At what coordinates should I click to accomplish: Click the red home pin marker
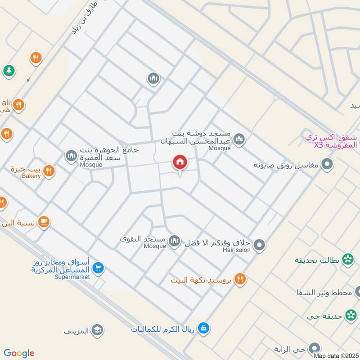click(180, 162)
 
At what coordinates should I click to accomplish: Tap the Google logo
click(19, 353)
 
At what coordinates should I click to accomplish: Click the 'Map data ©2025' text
click(336, 355)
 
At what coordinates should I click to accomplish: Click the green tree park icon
click(8, 71)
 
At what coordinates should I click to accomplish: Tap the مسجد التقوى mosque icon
click(174, 242)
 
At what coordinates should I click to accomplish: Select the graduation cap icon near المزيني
click(97, 331)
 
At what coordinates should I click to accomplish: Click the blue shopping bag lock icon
click(204, 328)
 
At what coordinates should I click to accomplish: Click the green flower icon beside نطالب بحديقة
click(347, 259)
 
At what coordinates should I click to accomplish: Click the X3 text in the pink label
click(319, 145)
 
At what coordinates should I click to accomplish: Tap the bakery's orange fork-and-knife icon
click(49, 171)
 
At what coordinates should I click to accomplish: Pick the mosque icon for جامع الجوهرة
click(71, 156)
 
